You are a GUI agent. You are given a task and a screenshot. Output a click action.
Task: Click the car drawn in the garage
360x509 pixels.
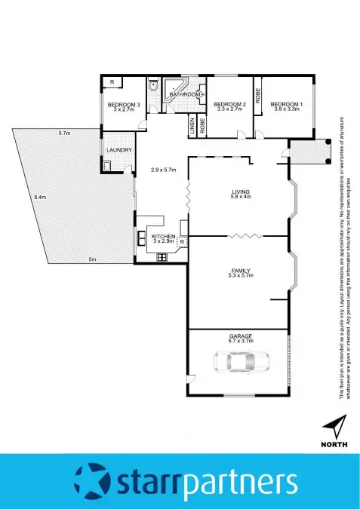click(x=237, y=364)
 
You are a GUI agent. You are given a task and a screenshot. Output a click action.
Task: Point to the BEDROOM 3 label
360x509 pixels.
click(x=124, y=104)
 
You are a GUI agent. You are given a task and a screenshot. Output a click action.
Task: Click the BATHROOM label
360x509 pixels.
click(x=185, y=94)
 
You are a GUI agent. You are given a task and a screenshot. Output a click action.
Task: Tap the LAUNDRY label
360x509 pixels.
click(x=120, y=150)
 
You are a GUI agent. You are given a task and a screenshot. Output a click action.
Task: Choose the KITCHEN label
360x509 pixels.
click(x=164, y=237)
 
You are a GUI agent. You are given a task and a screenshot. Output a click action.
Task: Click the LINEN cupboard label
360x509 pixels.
click(x=192, y=126)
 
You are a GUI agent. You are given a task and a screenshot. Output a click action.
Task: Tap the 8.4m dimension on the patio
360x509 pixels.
click(x=39, y=198)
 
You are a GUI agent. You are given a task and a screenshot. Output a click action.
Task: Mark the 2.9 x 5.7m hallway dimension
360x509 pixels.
click(x=163, y=170)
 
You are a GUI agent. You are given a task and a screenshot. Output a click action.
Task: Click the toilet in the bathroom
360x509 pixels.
click(x=153, y=87)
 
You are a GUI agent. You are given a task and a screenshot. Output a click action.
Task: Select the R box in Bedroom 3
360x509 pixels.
click(x=112, y=81)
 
